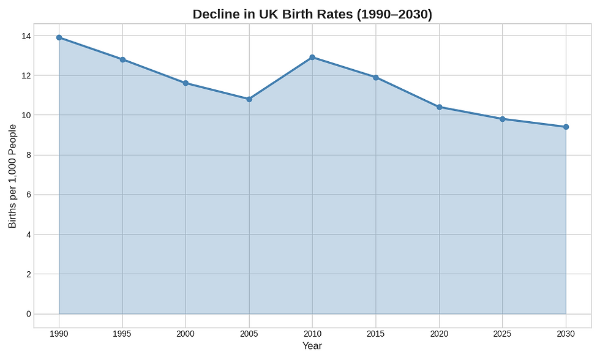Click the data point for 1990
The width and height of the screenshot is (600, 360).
coord(59,37)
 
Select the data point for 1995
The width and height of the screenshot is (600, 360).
coord(122,59)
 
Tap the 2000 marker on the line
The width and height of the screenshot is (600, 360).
coord(186,83)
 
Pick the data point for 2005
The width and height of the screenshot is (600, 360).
coord(249,99)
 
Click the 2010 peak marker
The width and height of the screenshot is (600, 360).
coord(312,57)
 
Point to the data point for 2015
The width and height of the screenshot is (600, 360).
coord(376,77)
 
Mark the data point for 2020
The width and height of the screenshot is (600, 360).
coord(439,107)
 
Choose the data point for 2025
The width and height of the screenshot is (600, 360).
coord(503,119)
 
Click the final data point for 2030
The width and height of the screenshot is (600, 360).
coord(566,127)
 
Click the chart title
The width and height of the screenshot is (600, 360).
coord(312,14)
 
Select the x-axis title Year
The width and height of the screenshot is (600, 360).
coord(312,346)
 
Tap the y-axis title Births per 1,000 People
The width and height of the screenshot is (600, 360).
coord(13,176)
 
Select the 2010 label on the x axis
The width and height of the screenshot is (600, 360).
coord(312,334)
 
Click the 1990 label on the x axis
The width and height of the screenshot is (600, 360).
coord(59,334)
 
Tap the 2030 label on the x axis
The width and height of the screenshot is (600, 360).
coord(566,334)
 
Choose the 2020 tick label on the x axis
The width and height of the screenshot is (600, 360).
coord(439,334)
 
